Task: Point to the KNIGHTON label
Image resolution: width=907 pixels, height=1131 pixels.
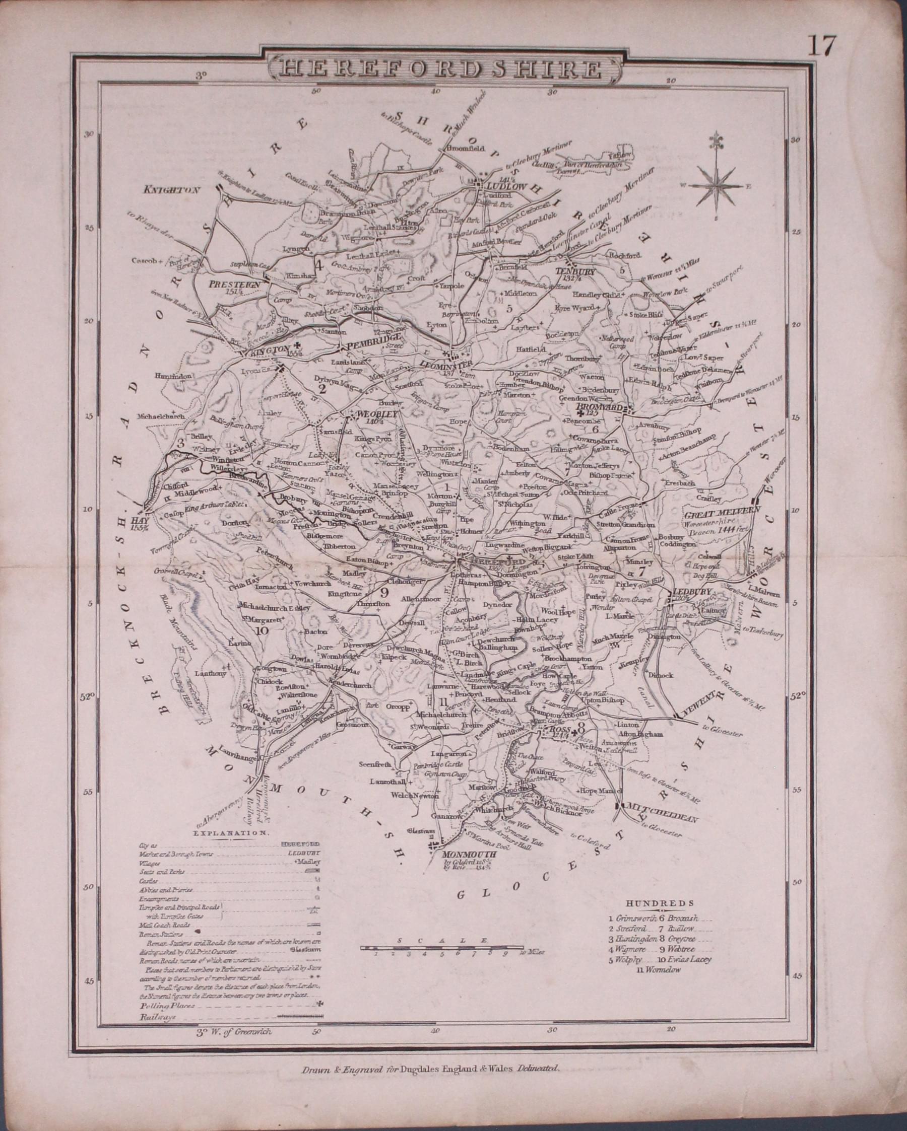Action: coord(172,190)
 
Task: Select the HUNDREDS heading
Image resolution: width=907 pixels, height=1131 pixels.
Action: coord(660,903)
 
